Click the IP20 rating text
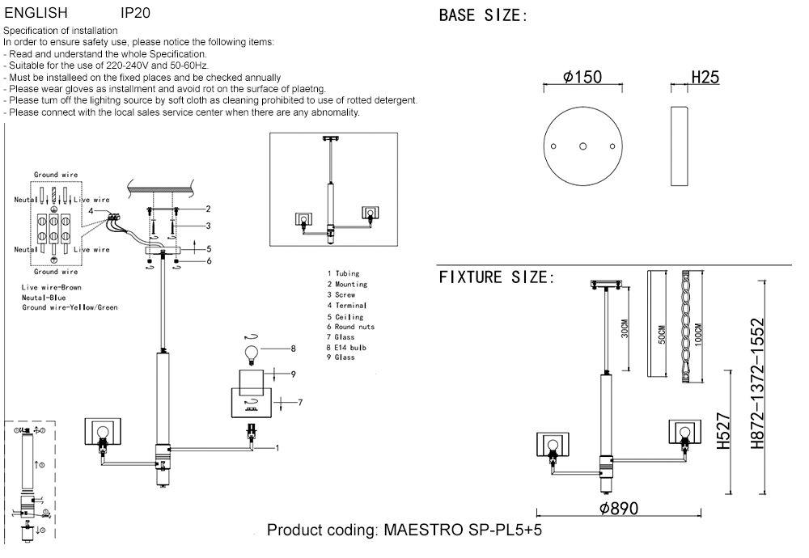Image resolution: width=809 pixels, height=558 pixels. point(134,14)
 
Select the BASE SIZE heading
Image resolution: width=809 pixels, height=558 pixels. point(483,15)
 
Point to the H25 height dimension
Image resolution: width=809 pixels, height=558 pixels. point(705,78)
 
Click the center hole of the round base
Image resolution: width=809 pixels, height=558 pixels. point(583,146)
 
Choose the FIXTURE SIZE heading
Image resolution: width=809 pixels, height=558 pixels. point(497,278)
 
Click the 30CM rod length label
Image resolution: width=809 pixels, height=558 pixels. point(625,331)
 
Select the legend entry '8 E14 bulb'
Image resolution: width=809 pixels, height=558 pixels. point(347,347)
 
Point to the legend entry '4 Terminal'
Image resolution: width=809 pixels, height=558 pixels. point(347,306)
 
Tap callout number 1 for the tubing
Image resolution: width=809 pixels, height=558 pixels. point(277,447)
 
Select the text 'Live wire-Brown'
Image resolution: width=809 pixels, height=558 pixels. point(52,288)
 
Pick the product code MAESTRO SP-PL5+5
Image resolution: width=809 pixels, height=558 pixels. point(404,531)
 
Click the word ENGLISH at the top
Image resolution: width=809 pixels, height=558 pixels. point(36,14)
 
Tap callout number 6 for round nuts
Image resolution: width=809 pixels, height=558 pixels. point(208,261)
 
